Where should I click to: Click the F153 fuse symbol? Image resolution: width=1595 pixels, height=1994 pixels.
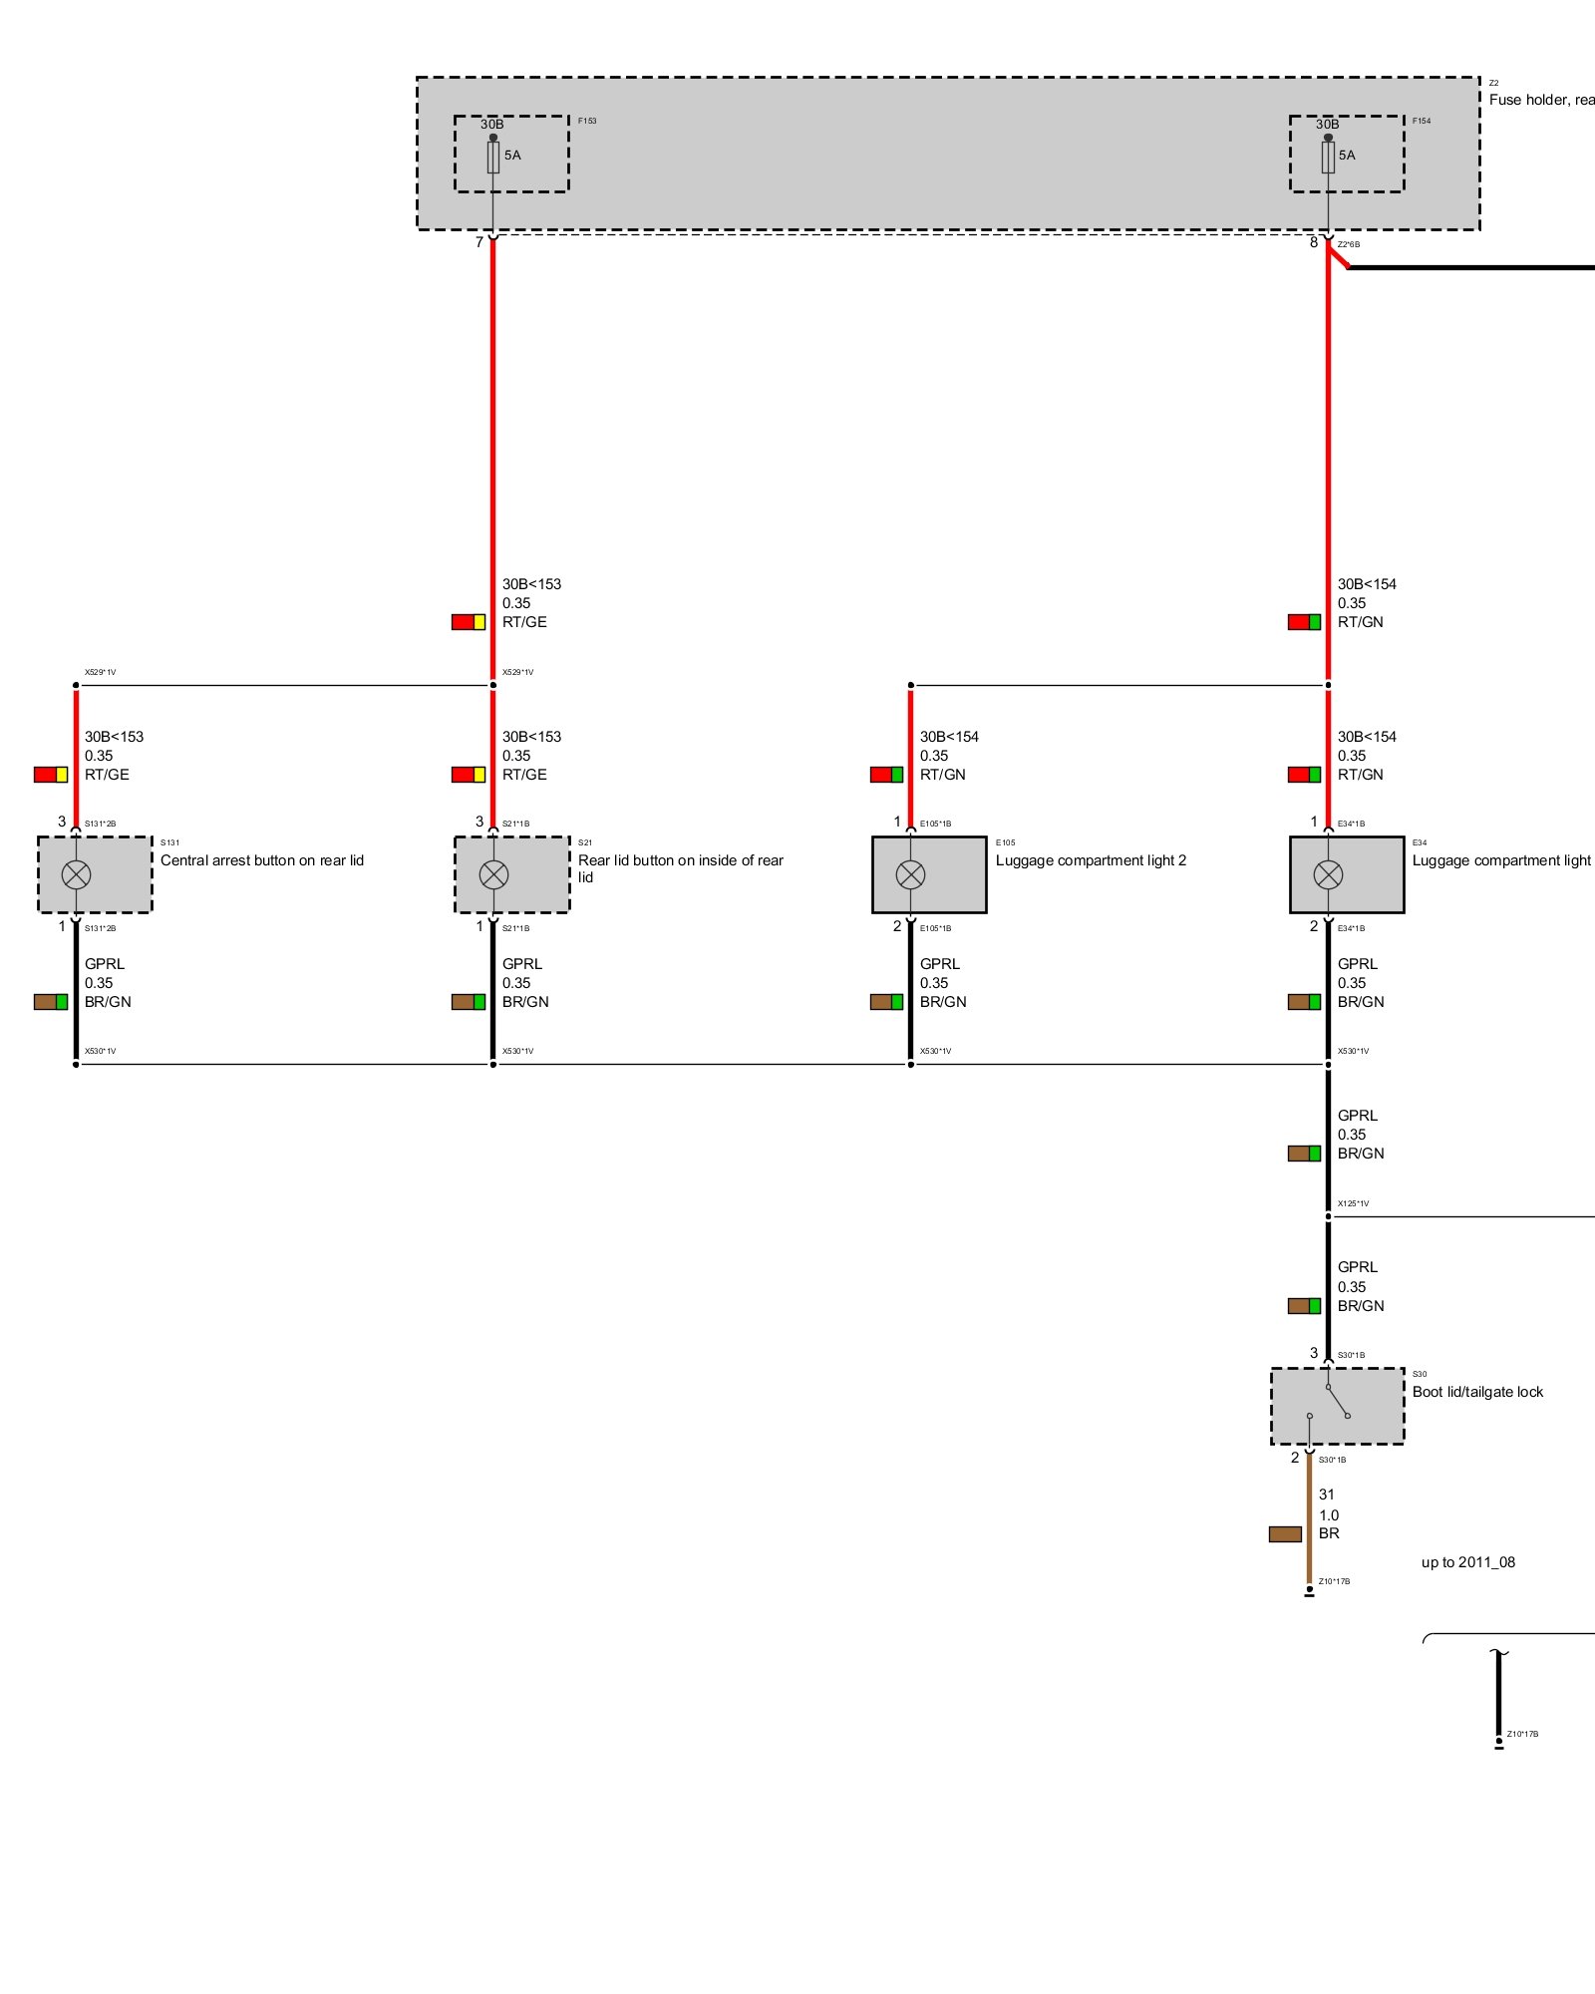492,157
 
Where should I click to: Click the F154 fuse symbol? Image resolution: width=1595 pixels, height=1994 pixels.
1328,157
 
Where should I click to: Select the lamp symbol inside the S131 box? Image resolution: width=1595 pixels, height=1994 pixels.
76,874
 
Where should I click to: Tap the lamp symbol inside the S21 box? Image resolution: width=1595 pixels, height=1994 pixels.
493,874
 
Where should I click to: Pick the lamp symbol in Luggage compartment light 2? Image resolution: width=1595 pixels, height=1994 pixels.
910,874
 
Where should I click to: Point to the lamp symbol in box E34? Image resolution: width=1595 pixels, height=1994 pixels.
1328,874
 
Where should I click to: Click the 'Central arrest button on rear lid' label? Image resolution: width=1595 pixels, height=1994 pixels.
262,860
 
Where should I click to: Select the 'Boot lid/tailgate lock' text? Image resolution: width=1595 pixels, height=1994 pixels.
1477,1392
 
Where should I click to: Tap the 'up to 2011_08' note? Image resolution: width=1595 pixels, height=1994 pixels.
1467,1562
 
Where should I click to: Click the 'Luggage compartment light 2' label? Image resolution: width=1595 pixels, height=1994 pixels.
1091,860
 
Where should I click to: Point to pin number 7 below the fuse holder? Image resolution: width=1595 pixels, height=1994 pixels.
479,242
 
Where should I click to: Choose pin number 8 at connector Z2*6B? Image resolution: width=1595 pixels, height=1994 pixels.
1314,242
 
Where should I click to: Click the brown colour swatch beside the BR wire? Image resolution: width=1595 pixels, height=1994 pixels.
1285,1533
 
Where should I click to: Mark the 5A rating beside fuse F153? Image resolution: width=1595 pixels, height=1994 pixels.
512,156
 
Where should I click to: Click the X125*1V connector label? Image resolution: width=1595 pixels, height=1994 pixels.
1353,1203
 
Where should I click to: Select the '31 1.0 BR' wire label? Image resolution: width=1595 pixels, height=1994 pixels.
1329,1513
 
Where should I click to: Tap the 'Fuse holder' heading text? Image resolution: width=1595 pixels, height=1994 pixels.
1540,100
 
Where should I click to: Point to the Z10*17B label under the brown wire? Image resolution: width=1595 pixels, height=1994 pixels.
1334,1581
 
